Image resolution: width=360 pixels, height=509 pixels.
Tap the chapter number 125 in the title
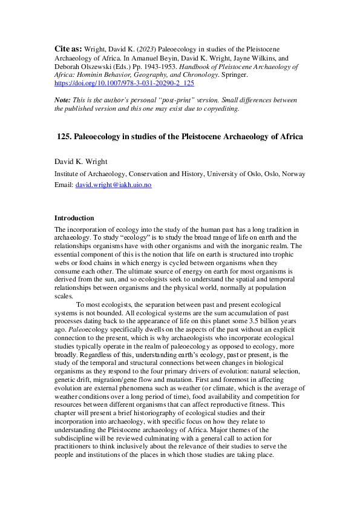pos(64,137)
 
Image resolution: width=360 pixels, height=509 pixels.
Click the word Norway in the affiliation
pos(292,174)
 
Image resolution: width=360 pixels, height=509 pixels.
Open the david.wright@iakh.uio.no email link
pos(113,185)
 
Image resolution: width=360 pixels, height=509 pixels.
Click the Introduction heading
pos(74,218)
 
